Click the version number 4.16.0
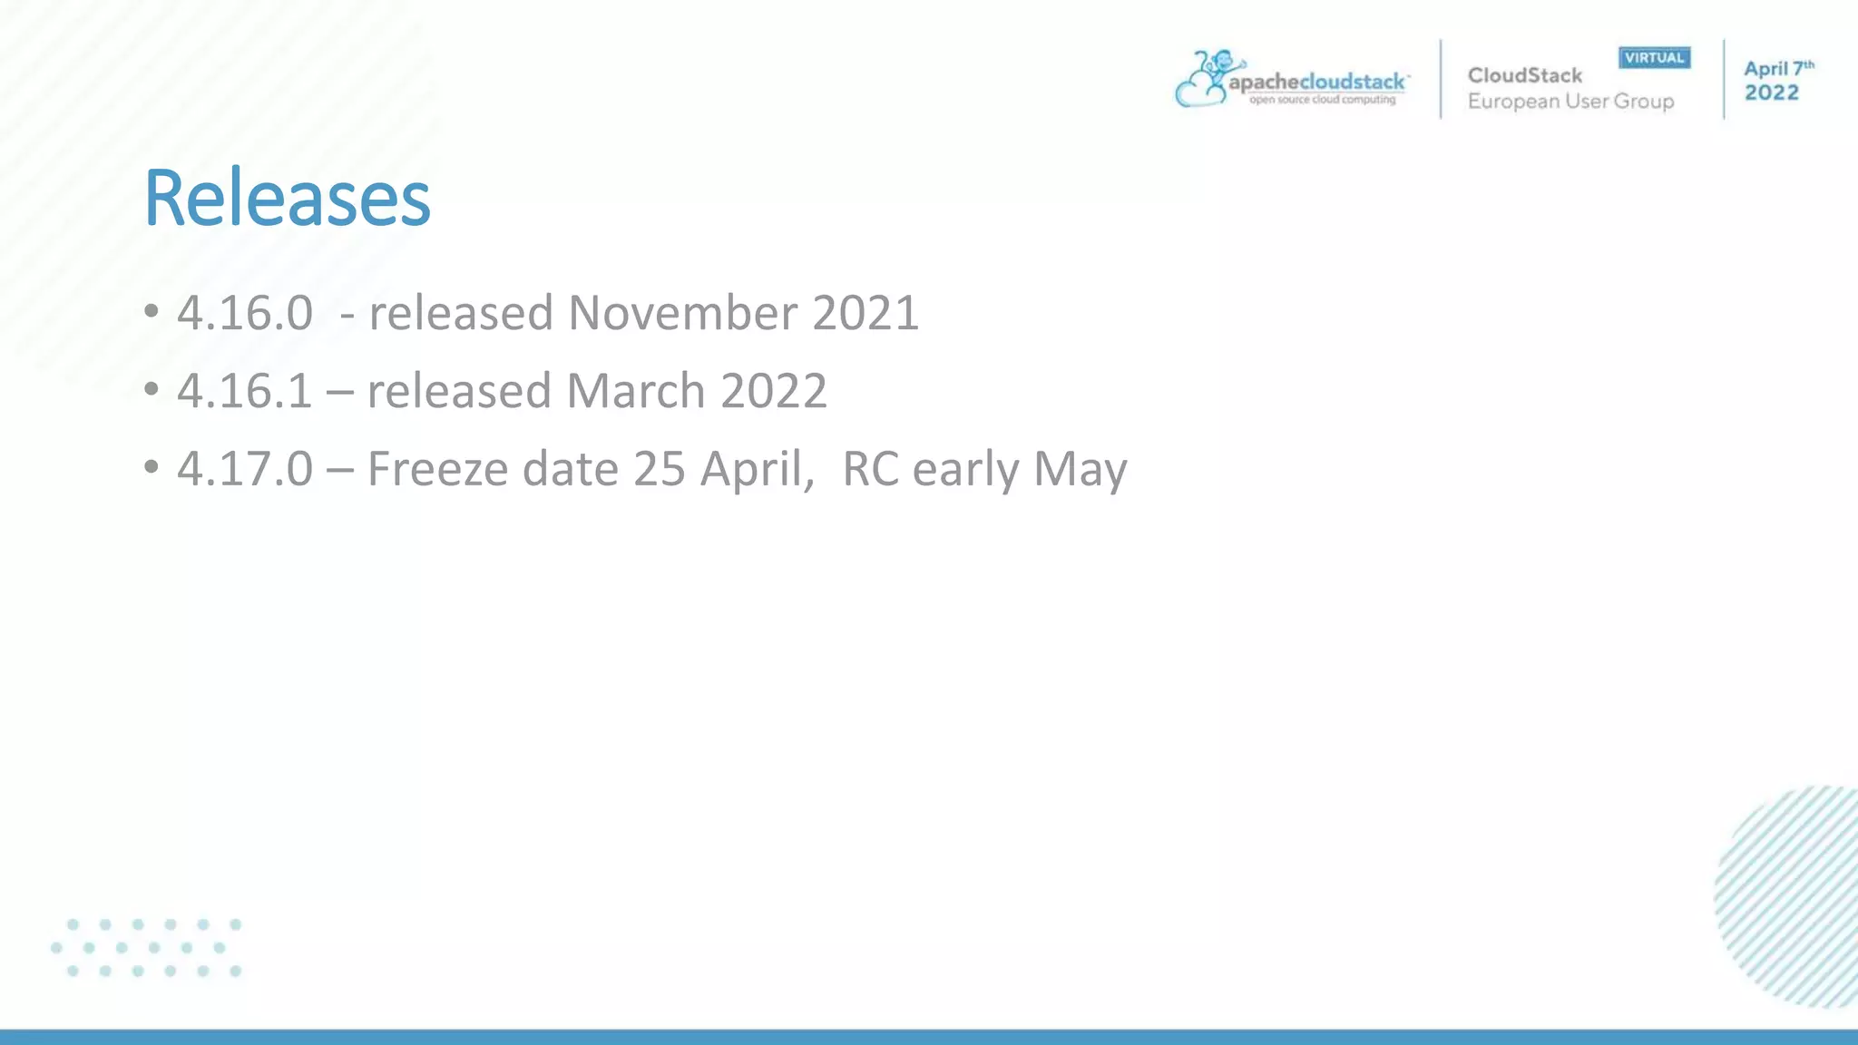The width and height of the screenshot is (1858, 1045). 245,313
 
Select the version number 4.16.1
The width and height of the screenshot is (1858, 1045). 245,391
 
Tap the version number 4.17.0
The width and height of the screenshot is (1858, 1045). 245,469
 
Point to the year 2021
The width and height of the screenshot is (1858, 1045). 865,313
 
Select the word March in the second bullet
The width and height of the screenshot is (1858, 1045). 635,391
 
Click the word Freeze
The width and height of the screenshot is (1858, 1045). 437,469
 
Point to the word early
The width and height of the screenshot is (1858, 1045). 965,469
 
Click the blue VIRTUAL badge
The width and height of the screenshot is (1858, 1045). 1654,58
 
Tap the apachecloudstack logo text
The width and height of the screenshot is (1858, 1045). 1316,83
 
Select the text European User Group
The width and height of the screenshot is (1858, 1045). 1570,102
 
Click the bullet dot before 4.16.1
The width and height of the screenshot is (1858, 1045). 152,390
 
